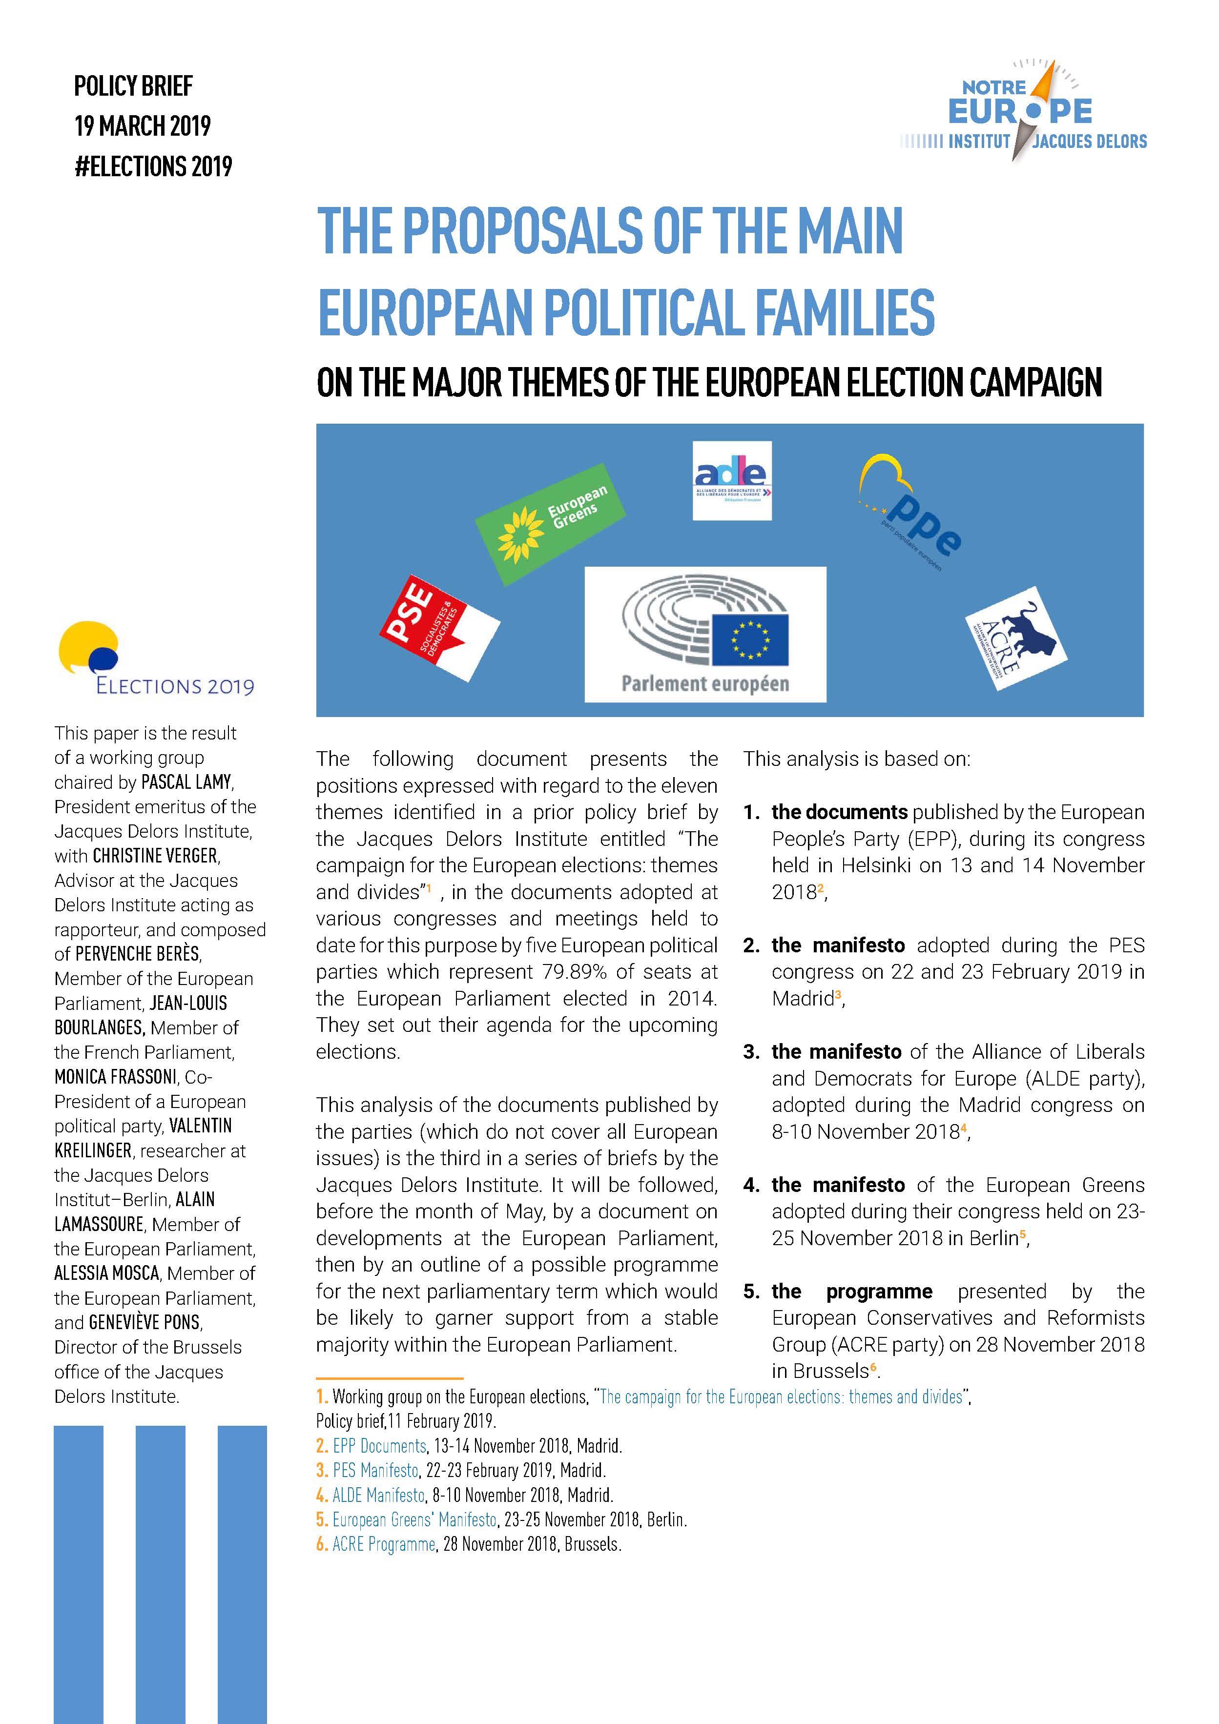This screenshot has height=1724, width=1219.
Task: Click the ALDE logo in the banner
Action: coord(732,481)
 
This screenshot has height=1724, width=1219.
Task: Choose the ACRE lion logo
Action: coord(1015,639)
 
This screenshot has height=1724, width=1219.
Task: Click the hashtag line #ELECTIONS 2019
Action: coord(153,166)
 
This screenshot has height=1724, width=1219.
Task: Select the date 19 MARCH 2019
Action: coord(142,125)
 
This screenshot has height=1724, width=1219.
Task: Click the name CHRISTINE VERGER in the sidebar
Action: coord(155,856)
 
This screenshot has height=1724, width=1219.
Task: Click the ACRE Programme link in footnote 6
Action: coord(384,1544)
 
